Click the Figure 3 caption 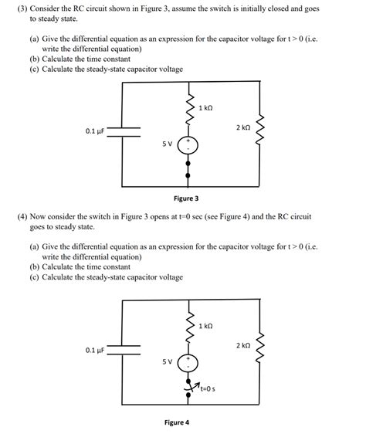coord(186,198)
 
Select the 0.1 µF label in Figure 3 coord(95,132)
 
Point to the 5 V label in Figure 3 coord(167,144)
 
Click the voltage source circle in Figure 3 coord(188,144)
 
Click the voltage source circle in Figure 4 coord(188,362)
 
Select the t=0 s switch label coord(205,389)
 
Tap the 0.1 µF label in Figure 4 coord(95,351)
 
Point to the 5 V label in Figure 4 coord(167,361)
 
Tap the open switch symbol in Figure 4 coord(188,388)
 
